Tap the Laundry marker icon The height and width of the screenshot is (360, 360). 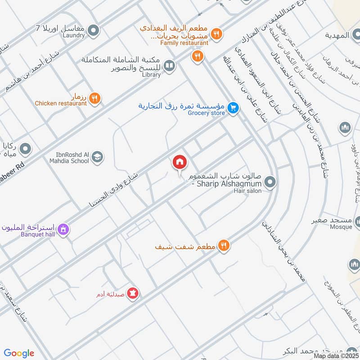click(x=94, y=31)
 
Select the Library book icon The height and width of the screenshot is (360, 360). click(x=169, y=67)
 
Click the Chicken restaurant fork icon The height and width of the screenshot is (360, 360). click(x=94, y=98)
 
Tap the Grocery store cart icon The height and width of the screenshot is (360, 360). click(x=232, y=108)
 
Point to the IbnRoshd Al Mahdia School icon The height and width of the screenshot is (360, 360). click(x=97, y=157)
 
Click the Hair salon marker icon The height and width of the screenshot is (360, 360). click(x=270, y=182)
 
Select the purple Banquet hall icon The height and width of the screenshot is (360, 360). click(x=64, y=229)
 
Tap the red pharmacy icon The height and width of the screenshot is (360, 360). click(x=133, y=294)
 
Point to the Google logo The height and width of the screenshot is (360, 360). click(x=19, y=353)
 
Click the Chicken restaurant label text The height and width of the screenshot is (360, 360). click(x=61, y=103)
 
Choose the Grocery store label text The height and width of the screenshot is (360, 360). click(x=206, y=113)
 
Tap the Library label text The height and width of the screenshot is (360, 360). click(x=151, y=75)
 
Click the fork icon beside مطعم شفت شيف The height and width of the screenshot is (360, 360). click(x=224, y=245)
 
